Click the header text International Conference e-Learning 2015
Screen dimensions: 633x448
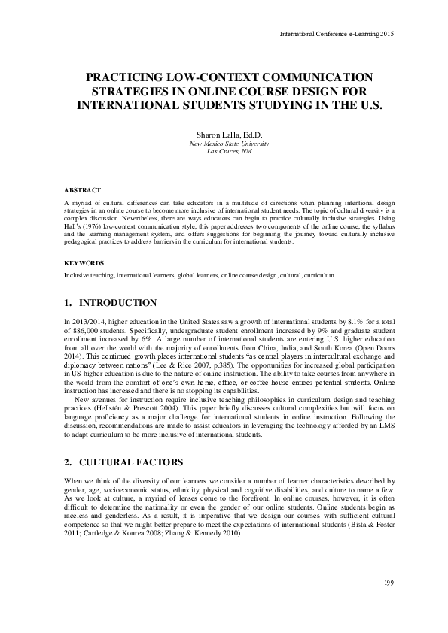pos(337,34)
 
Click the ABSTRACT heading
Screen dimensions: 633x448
pos(82,191)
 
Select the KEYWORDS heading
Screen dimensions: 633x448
pos(83,264)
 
